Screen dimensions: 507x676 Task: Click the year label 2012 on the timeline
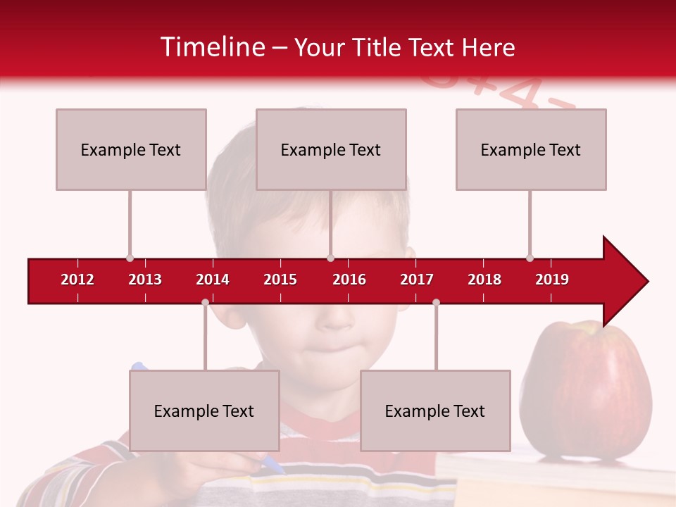coord(77,280)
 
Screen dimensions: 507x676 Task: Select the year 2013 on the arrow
coord(145,280)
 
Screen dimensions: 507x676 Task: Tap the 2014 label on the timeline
coord(213,280)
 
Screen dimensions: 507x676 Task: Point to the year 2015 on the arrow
coord(280,280)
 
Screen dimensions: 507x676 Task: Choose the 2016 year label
coord(349,280)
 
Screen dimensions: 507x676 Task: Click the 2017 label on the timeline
coord(417,280)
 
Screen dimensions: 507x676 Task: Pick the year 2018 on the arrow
coord(484,280)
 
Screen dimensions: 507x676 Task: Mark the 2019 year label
coord(552,280)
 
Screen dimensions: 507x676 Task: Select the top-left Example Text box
coord(131,149)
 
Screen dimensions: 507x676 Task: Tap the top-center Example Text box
coord(331,149)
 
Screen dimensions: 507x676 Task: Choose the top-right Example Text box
coord(531,149)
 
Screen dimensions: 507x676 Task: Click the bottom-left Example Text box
coord(204,411)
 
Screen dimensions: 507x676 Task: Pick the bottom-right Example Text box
coord(435,411)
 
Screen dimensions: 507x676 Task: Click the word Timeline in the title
coord(213,47)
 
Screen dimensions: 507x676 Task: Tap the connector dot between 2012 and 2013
coord(130,258)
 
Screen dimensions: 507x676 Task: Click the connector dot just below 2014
coord(205,302)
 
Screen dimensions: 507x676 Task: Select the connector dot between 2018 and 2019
coord(530,258)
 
